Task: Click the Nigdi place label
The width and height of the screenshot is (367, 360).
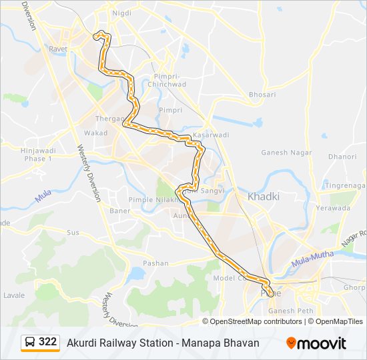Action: (122, 13)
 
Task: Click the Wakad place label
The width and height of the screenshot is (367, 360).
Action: (95, 133)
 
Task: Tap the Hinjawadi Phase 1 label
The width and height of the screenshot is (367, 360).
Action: (37, 155)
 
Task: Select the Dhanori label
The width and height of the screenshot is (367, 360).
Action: (342, 157)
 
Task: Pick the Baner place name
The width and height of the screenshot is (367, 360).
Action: (120, 211)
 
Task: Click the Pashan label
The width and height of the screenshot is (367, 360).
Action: (156, 263)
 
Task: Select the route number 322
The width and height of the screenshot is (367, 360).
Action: (47, 342)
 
